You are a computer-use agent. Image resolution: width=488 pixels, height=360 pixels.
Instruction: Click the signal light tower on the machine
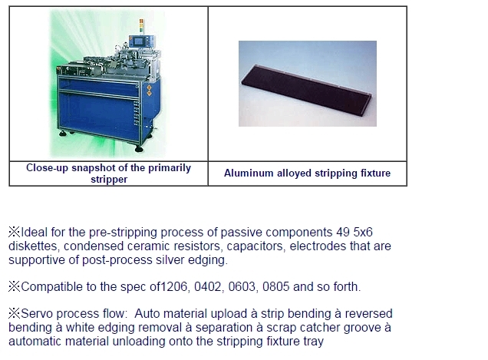tap(141, 25)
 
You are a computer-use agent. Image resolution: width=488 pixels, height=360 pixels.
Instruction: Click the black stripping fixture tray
tap(307, 91)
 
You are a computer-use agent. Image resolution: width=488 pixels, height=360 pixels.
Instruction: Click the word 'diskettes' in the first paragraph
tap(34, 246)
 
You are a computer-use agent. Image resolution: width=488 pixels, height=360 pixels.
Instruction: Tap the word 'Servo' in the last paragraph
tap(37, 314)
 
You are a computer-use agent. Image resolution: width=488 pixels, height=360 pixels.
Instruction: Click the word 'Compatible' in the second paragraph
tap(52, 287)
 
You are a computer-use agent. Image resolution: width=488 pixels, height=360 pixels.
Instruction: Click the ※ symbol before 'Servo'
tap(15, 314)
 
